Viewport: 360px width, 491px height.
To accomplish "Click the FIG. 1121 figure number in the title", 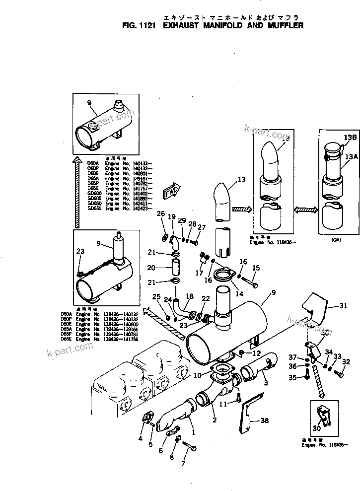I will (141, 25).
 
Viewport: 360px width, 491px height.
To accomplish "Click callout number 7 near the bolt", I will (183, 464).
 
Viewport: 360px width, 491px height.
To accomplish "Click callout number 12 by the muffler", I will (256, 353).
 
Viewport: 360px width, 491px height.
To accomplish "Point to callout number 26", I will (160, 213).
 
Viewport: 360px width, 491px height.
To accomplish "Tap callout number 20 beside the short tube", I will (151, 268).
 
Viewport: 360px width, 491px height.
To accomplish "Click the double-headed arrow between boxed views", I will (306, 210).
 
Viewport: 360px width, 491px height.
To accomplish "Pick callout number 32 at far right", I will (347, 361).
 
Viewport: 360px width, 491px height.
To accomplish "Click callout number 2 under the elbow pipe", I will (214, 420).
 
